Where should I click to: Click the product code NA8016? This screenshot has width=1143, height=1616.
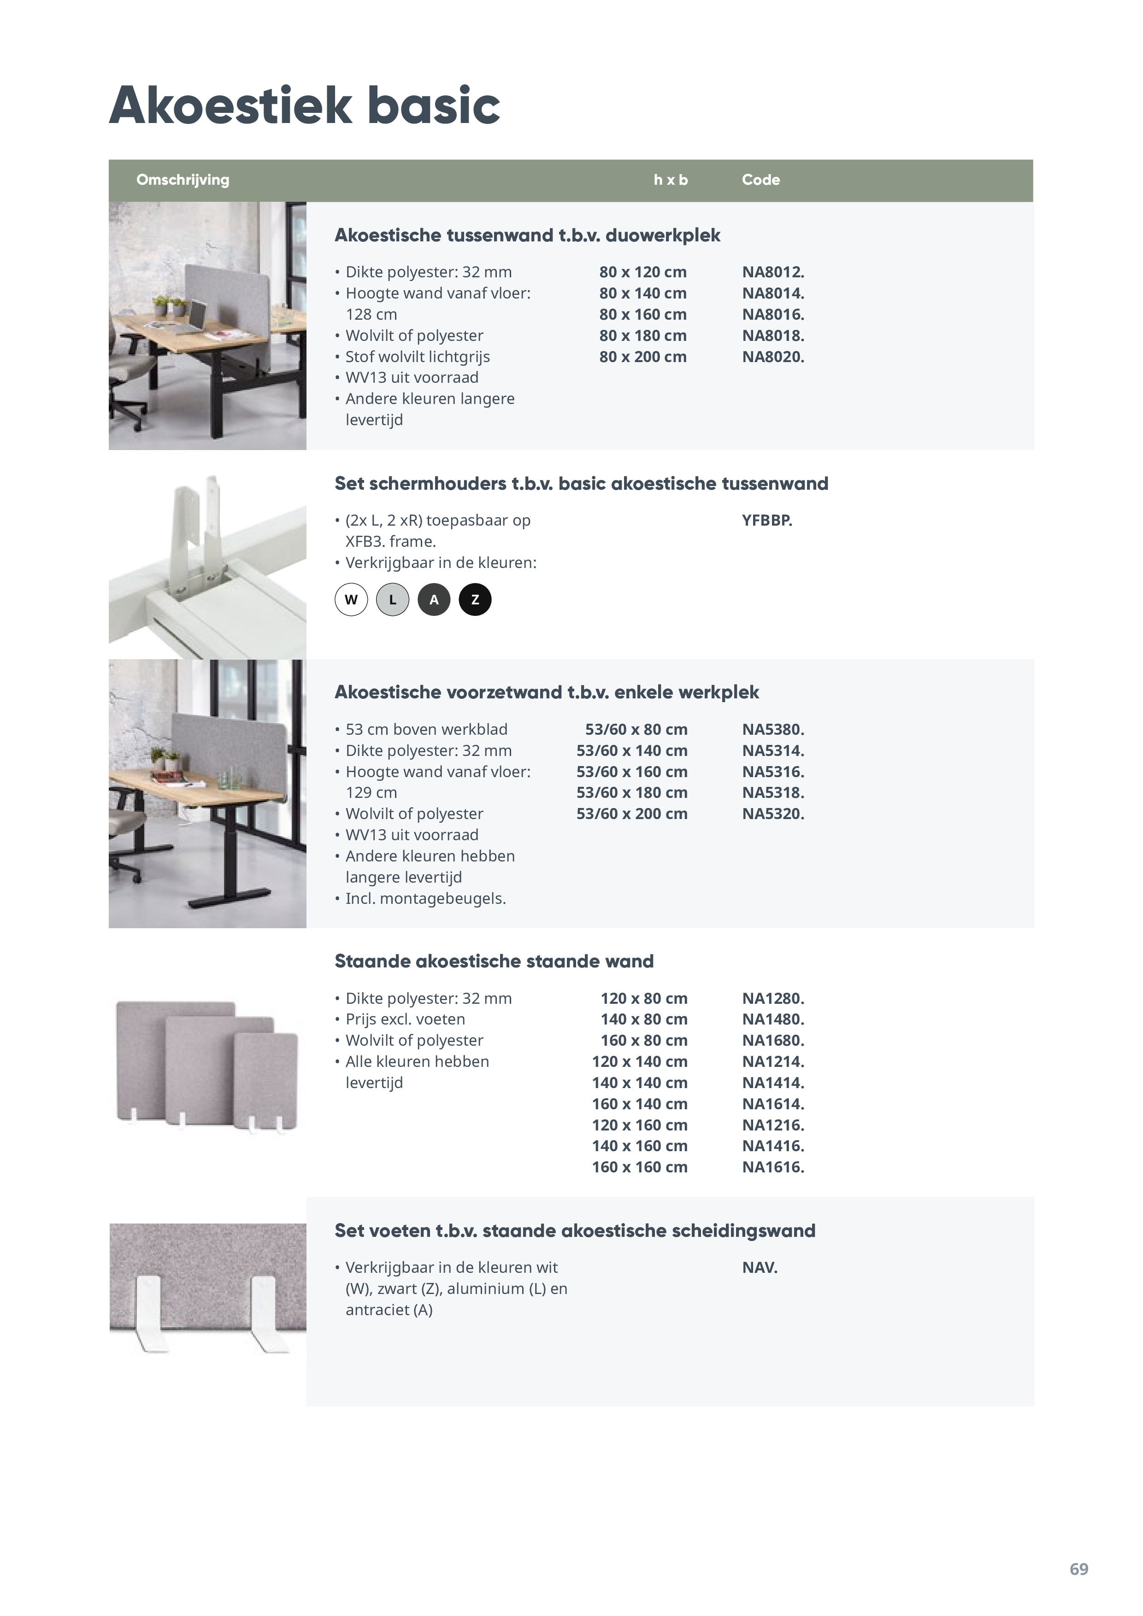[x=772, y=315]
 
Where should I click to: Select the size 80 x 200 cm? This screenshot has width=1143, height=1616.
[x=642, y=357]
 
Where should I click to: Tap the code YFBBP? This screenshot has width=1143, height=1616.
[x=767, y=521]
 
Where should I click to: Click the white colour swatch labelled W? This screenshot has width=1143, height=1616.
[x=351, y=600]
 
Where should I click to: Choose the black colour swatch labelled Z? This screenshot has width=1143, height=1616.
[x=475, y=600]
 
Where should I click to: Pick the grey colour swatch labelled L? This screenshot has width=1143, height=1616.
[x=392, y=600]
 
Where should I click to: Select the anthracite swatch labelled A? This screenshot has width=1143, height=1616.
[x=434, y=600]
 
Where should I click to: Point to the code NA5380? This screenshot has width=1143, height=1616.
[x=772, y=730]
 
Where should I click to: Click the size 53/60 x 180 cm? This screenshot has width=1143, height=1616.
[x=632, y=792]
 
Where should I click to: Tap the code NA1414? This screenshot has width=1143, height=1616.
[x=772, y=1083]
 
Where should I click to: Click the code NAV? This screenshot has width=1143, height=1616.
[x=759, y=1268]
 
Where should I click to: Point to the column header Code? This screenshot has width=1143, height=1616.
[x=760, y=180]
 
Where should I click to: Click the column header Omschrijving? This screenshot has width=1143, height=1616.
[x=183, y=180]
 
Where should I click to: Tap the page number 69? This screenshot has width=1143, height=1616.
[x=1078, y=1569]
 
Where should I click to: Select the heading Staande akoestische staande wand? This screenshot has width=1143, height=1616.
[x=494, y=961]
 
